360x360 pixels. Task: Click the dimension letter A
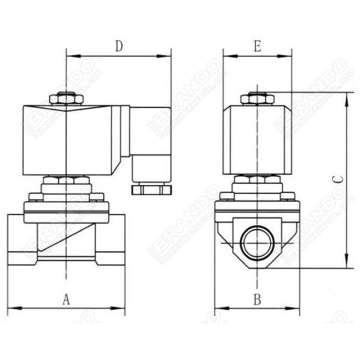click(67, 299)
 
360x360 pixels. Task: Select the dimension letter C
click(337, 179)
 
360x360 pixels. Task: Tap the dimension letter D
click(119, 46)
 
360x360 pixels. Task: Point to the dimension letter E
click(257, 46)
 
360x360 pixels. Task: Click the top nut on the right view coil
click(257, 98)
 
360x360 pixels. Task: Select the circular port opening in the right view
click(257, 242)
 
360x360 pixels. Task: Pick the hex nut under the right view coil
click(257, 179)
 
